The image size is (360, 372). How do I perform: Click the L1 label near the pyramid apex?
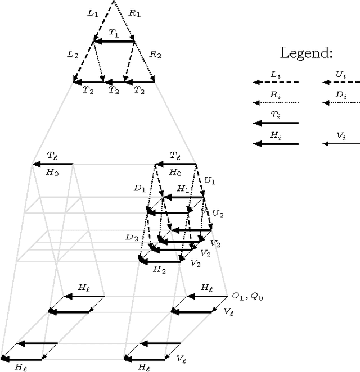[x=93, y=12]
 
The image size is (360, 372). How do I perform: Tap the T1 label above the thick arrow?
[x=114, y=34]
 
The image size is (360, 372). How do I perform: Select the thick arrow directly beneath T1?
[x=114, y=41]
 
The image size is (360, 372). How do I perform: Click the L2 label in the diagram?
[x=73, y=55]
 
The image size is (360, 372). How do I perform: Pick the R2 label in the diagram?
[x=155, y=55]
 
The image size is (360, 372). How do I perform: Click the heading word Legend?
[x=307, y=54]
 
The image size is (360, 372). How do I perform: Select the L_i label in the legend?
[x=275, y=74]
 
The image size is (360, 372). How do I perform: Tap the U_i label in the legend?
[x=340, y=74]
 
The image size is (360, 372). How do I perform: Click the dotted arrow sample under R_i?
[x=276, y=103]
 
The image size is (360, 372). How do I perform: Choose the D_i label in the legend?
[x=341, y=95]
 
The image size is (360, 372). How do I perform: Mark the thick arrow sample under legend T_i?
[x=276, y=123]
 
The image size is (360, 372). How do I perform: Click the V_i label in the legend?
[x=341, y=136]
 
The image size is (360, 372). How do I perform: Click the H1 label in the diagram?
[x=183, y=189]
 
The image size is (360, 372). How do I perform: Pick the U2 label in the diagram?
[x=217, y=214]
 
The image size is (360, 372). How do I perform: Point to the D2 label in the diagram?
[x=132, y=238]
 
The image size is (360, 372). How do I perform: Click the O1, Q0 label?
[x=247, y=296]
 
